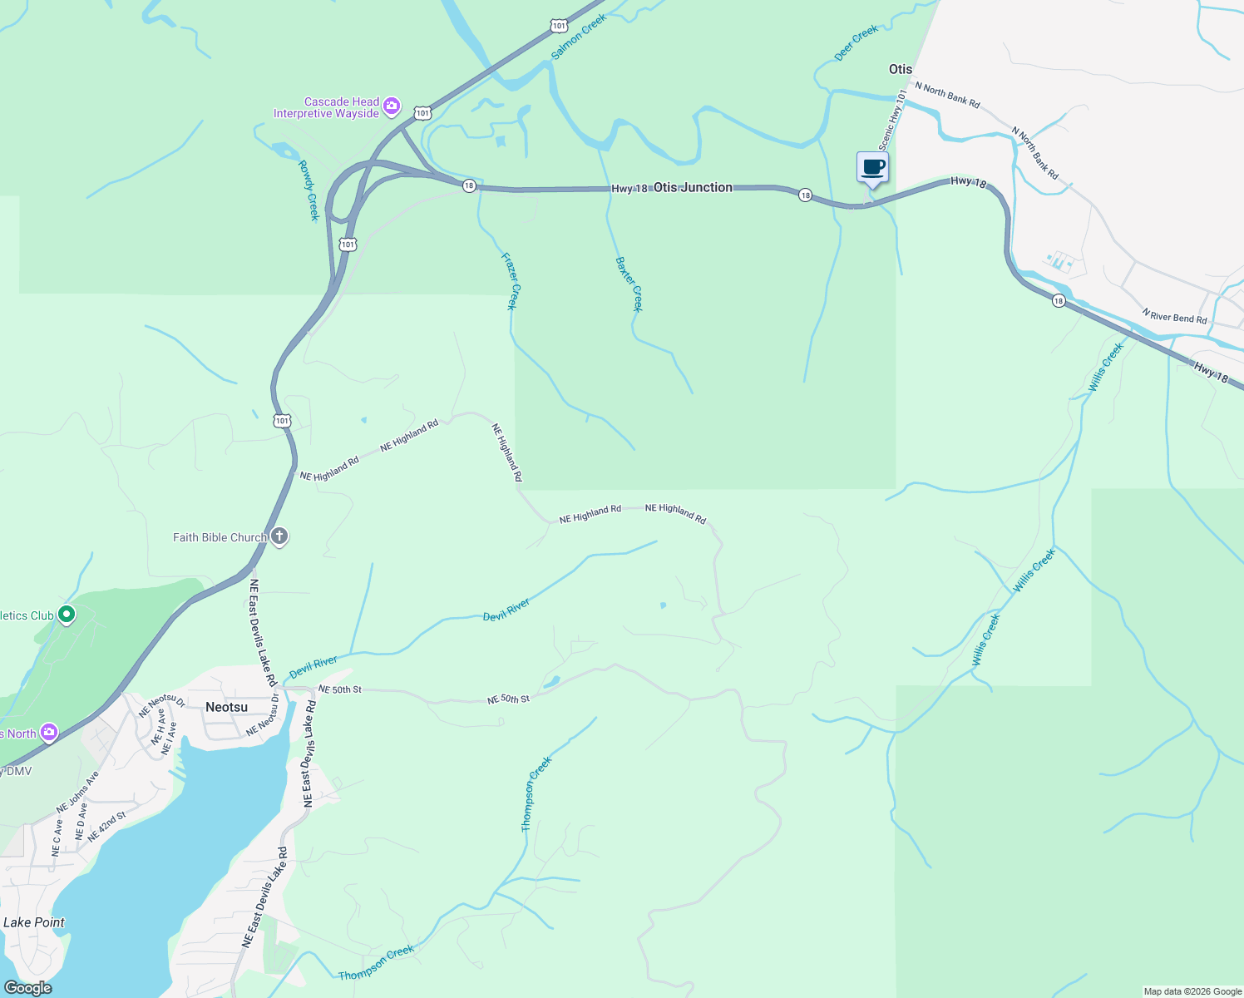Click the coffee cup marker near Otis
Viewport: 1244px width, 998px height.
[872, 168]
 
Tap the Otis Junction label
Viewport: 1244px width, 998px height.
[693, 187]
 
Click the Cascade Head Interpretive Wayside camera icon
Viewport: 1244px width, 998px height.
[392, 107]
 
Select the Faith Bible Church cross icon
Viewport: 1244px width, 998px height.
[279, 536]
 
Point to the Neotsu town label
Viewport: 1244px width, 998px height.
[226, 707]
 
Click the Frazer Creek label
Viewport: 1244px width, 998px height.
[510, 281]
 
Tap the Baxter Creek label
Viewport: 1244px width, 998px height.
[629, 284]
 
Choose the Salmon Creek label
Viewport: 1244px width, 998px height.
[579, 37]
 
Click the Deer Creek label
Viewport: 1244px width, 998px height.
[856, 42]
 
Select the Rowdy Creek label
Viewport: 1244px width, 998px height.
[308, 190]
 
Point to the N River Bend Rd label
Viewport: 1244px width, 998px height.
[1174, 316]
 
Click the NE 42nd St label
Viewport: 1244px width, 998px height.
[106, 827]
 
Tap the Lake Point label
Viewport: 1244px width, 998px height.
[34, 922]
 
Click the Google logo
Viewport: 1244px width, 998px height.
[28, 987]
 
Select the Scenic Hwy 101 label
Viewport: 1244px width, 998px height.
[892, 120]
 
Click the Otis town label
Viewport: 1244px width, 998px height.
[901, 69]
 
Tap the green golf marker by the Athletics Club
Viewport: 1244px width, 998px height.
[67, 615]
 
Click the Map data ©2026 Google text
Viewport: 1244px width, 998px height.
[1192, 991]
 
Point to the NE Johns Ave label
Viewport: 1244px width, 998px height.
[77, 792]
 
